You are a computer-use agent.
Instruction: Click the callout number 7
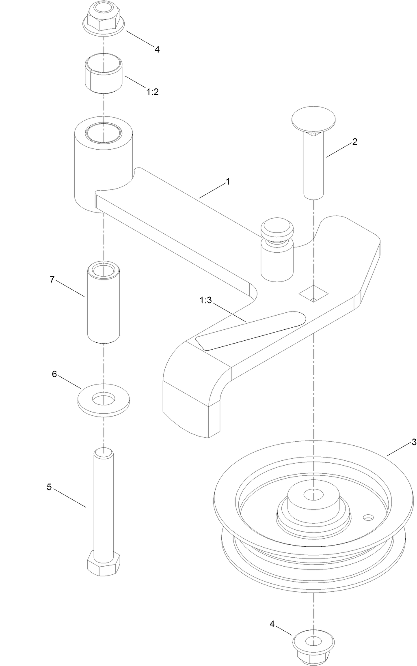[x=52, y=279]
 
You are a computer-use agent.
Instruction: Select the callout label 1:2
[x=152, y=92]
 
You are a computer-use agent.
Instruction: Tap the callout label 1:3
[x=205, y=301]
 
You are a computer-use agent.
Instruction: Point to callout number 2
[x=354, y=142]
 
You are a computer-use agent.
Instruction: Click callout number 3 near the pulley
[x=414, y=442]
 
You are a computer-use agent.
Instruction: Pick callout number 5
[x=49, y=487]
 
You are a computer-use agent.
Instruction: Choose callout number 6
[x=54, y=374]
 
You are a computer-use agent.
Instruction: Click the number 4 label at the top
[x=157, y=49]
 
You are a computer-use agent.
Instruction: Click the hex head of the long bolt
[x=104, y=563]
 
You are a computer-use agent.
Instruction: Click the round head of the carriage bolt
[x=313, y=117]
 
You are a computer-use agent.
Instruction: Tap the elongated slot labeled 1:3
[x=250, y=330]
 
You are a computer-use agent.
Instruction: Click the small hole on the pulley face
[x=368, y=517]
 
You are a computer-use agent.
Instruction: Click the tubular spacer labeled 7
[x=104, y=302]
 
